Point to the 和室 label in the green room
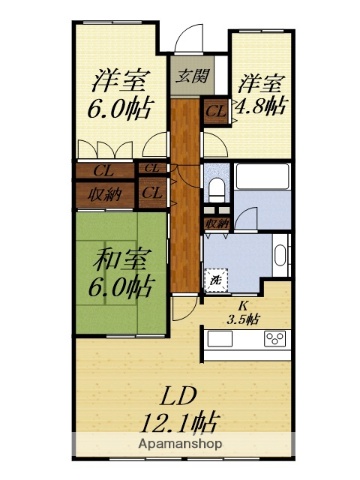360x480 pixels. click(122, 260)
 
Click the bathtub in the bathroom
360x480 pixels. click(262, 186)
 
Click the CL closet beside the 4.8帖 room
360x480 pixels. click(215, 112)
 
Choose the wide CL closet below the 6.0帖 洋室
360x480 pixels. click(105, 171)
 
